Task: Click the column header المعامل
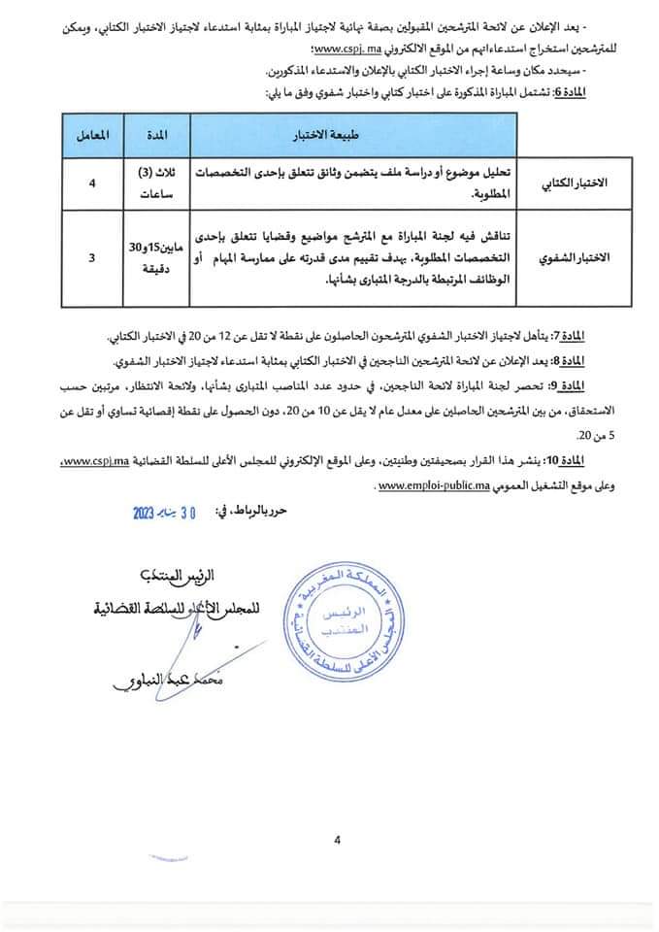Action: coord(91,131)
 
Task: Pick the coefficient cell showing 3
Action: coord(91,258)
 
